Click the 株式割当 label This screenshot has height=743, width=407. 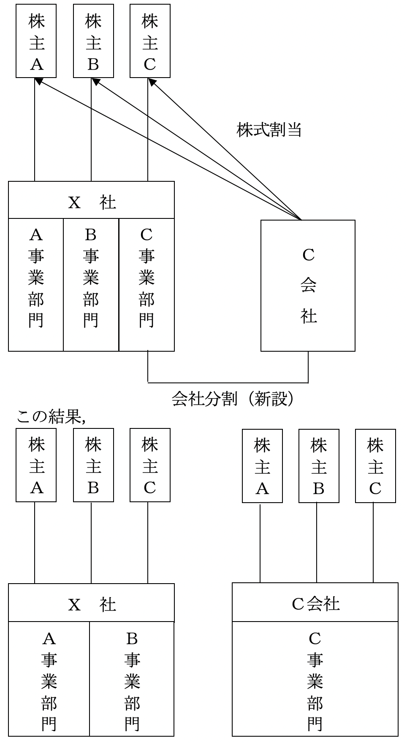click(269, 130)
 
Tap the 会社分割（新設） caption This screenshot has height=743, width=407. click(233, 398)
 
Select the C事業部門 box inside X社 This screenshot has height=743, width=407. click(147, 285)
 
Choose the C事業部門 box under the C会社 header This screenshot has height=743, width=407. click(315, 679)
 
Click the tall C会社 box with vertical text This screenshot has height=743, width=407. click(308, 285)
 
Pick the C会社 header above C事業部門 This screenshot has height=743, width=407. click(315, 603)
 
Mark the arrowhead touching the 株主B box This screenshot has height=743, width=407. click(95, 81)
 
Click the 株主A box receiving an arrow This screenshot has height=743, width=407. click(36, 41)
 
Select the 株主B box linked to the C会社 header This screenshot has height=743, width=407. click(319, 466)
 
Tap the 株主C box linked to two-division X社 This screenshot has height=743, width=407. click(150, 465)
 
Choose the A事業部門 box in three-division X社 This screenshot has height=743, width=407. click(36, 285)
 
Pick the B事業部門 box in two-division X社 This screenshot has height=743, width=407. click(132, 679)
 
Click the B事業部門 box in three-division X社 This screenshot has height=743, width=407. click(91, 285)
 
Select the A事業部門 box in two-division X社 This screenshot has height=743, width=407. click(49, 679)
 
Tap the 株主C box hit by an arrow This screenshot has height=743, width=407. click(150, 41)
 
